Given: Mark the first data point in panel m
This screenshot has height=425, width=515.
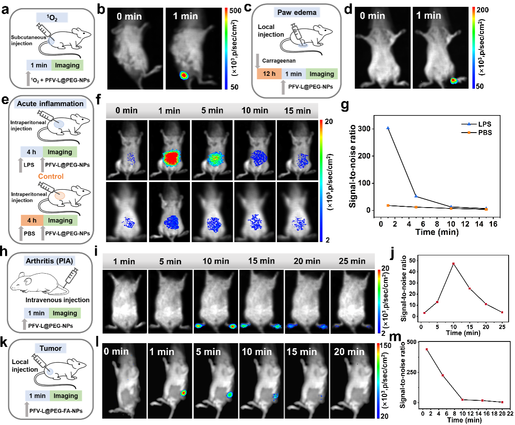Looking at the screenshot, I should (426, 350).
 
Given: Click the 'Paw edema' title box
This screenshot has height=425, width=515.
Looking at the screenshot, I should (297, 12).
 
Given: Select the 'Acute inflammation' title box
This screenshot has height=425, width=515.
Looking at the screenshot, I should (50, 104).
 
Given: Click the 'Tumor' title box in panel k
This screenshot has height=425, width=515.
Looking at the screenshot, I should (51, 348).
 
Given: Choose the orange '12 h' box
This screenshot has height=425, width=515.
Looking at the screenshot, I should (269, 74).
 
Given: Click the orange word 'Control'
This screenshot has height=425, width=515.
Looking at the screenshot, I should (51, 176).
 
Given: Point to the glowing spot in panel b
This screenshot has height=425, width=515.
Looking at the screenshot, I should (184, 75).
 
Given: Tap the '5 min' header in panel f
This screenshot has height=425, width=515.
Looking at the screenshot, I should (212, 111).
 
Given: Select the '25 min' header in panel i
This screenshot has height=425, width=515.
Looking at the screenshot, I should (352, 261).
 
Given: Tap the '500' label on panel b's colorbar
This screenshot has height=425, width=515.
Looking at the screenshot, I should (235, 11).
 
